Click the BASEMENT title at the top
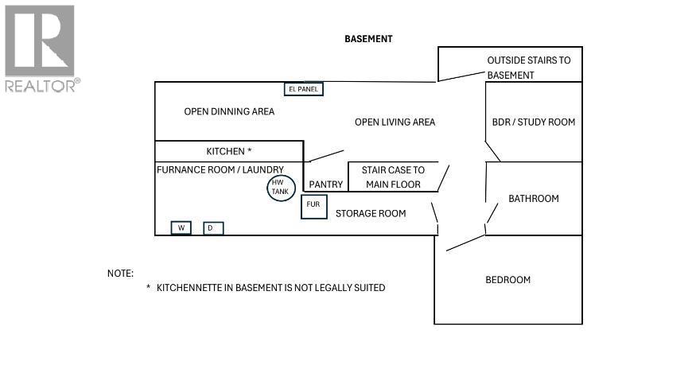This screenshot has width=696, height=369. click(x=368, y=39)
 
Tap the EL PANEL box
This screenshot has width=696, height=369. click(x=304, y=89)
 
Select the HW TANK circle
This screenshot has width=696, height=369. click(x=281, y=188)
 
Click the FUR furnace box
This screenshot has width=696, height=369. click(x=314, y=207)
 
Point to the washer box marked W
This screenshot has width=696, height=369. click(x=181, y=227)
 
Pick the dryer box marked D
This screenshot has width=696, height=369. click(x=213, y=228)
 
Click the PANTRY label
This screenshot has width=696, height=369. click(x=326, y=184)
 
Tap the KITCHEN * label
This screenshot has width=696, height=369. click(x=229, y=151)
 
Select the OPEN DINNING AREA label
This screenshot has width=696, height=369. click(x=229, y=111)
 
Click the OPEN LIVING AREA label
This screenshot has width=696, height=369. click(x=395, y=122)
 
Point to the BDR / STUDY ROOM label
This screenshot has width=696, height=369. click(x=534, y=122)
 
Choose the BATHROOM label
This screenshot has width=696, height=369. click(x=534, y=199)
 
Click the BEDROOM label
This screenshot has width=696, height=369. click(x=507, y=280)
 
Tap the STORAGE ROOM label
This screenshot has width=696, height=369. click(x=371, y=214)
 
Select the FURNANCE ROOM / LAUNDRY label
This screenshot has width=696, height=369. click(x=220, y=169)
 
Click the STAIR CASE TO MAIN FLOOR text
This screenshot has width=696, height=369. click(x=393, y=177)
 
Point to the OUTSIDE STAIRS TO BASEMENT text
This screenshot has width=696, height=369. click(x=529, y=68)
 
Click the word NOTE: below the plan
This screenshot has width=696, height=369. click(x=120, y=274)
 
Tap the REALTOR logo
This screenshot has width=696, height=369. click(x=43, y=49)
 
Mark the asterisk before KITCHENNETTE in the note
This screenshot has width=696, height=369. click(x=149, y=287)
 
